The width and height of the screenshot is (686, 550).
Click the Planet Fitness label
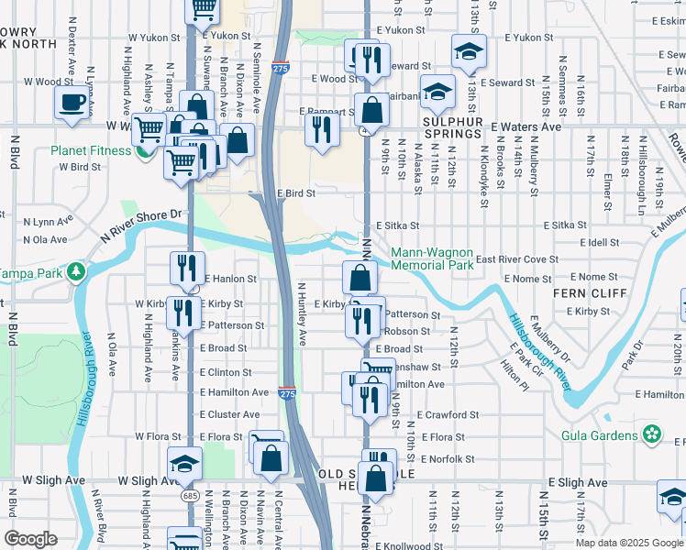click(x=87, y=150)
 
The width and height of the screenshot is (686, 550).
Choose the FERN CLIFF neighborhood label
click(x=590, y=293)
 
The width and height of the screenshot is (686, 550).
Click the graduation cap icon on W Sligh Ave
click(x=184, y=463)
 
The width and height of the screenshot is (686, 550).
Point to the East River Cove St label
click(x=516, y=259)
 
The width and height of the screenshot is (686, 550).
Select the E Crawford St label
click(x=447, y=414)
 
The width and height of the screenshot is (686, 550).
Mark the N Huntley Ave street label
click(x=300, y=313)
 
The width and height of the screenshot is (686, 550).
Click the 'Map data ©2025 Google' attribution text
click(x=628, y=542)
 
